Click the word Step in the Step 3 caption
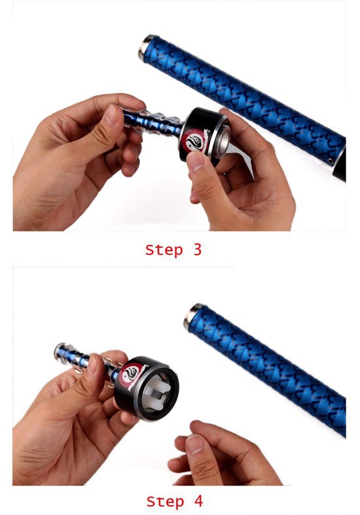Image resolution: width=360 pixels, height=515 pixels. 164,250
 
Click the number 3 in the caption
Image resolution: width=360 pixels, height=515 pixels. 197,249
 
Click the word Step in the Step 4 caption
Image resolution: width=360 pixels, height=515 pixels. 164,502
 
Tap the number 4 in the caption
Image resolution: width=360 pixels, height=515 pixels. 198,501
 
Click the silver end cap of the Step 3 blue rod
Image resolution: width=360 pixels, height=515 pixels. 145,47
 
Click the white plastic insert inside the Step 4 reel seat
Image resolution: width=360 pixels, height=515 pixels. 157,394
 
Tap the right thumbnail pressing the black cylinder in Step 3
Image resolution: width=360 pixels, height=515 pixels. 196,162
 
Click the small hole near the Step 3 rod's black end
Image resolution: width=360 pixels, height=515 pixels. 330,161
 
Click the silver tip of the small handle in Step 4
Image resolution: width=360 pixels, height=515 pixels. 60,351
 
